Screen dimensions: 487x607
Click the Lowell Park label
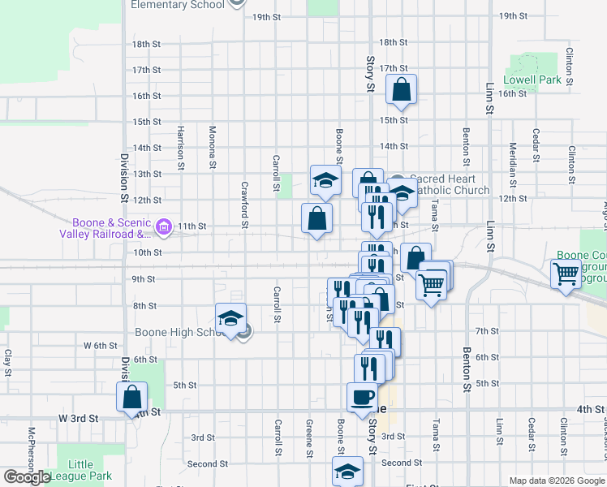(x=532, y=80)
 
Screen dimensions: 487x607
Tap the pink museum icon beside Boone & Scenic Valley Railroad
(x=165, y=226)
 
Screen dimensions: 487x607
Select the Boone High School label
(x=179, y=332)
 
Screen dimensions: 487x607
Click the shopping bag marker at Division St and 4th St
(x=131, y=398)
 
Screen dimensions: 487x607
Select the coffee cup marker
(x=362, y=398)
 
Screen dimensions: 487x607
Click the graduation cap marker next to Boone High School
(x=230, y=319)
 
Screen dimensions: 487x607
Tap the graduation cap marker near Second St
(x=347, y=472)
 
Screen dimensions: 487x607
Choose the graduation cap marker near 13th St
(x=325, y=180)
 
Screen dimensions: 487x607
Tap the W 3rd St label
(x=78, y=418)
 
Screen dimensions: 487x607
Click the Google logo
(x=27, y=477)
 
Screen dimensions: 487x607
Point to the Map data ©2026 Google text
(x=557, y=481)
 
